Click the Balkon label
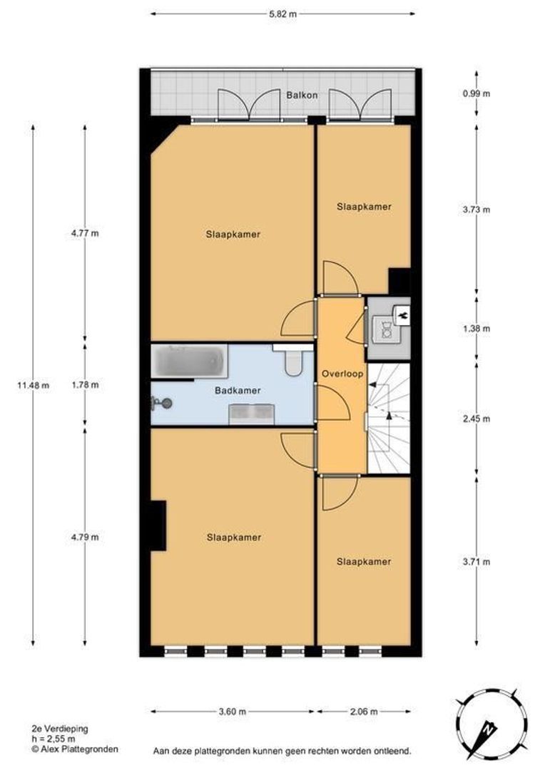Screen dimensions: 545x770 [x=302, y=96]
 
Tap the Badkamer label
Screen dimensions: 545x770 [x=238, y=391]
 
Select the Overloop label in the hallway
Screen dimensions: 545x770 [x=342, y=374]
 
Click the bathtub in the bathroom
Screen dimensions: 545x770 [x=189, y=361]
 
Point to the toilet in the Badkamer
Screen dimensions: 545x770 [x=293, y=361]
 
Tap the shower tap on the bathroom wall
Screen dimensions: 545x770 [x=162, y=404]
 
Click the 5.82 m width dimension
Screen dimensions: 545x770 [x=282, y=14]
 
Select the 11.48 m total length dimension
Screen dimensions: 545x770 [x=33, y=386]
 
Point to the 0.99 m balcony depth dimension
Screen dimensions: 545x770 [x=477, y=93]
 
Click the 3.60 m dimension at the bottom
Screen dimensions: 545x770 [x=232, y=712]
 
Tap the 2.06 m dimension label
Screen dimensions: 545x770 [x=364, y=712]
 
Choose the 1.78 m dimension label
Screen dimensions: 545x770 [x=85, y=385]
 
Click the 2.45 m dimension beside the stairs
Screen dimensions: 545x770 [x=477, y=419]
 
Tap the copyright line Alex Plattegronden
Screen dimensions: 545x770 [x=75, y=749]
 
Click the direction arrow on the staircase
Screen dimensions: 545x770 [x=389, y=416]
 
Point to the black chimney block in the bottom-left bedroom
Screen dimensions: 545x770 [x=158, y=525]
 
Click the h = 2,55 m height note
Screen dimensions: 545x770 [x=53, y=739]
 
